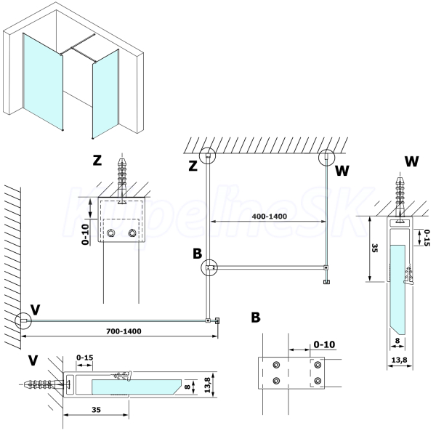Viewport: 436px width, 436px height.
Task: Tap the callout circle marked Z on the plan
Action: (209, 155)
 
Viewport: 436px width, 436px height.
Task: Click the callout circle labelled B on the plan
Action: (209, 268)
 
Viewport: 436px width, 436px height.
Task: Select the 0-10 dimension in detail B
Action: (324, 343)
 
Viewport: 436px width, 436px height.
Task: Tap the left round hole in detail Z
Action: (111, 233)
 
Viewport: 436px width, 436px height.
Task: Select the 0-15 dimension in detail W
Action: (427, 236)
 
